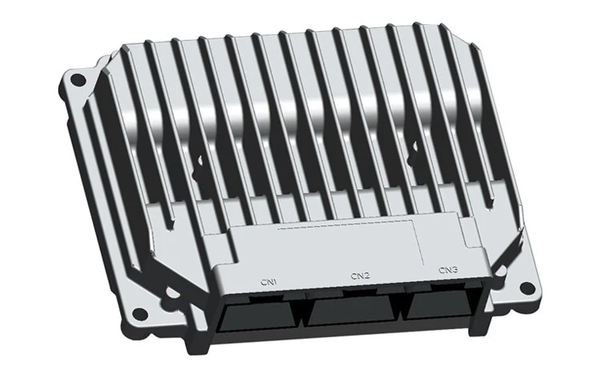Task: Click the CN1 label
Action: tap(269, 282)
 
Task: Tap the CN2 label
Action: tap(360, 276)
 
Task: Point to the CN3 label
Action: tap(448, 270)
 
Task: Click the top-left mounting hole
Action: tap(78, 81)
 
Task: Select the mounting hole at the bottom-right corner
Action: tap(527, 287)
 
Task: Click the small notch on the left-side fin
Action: tap(198, 165)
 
